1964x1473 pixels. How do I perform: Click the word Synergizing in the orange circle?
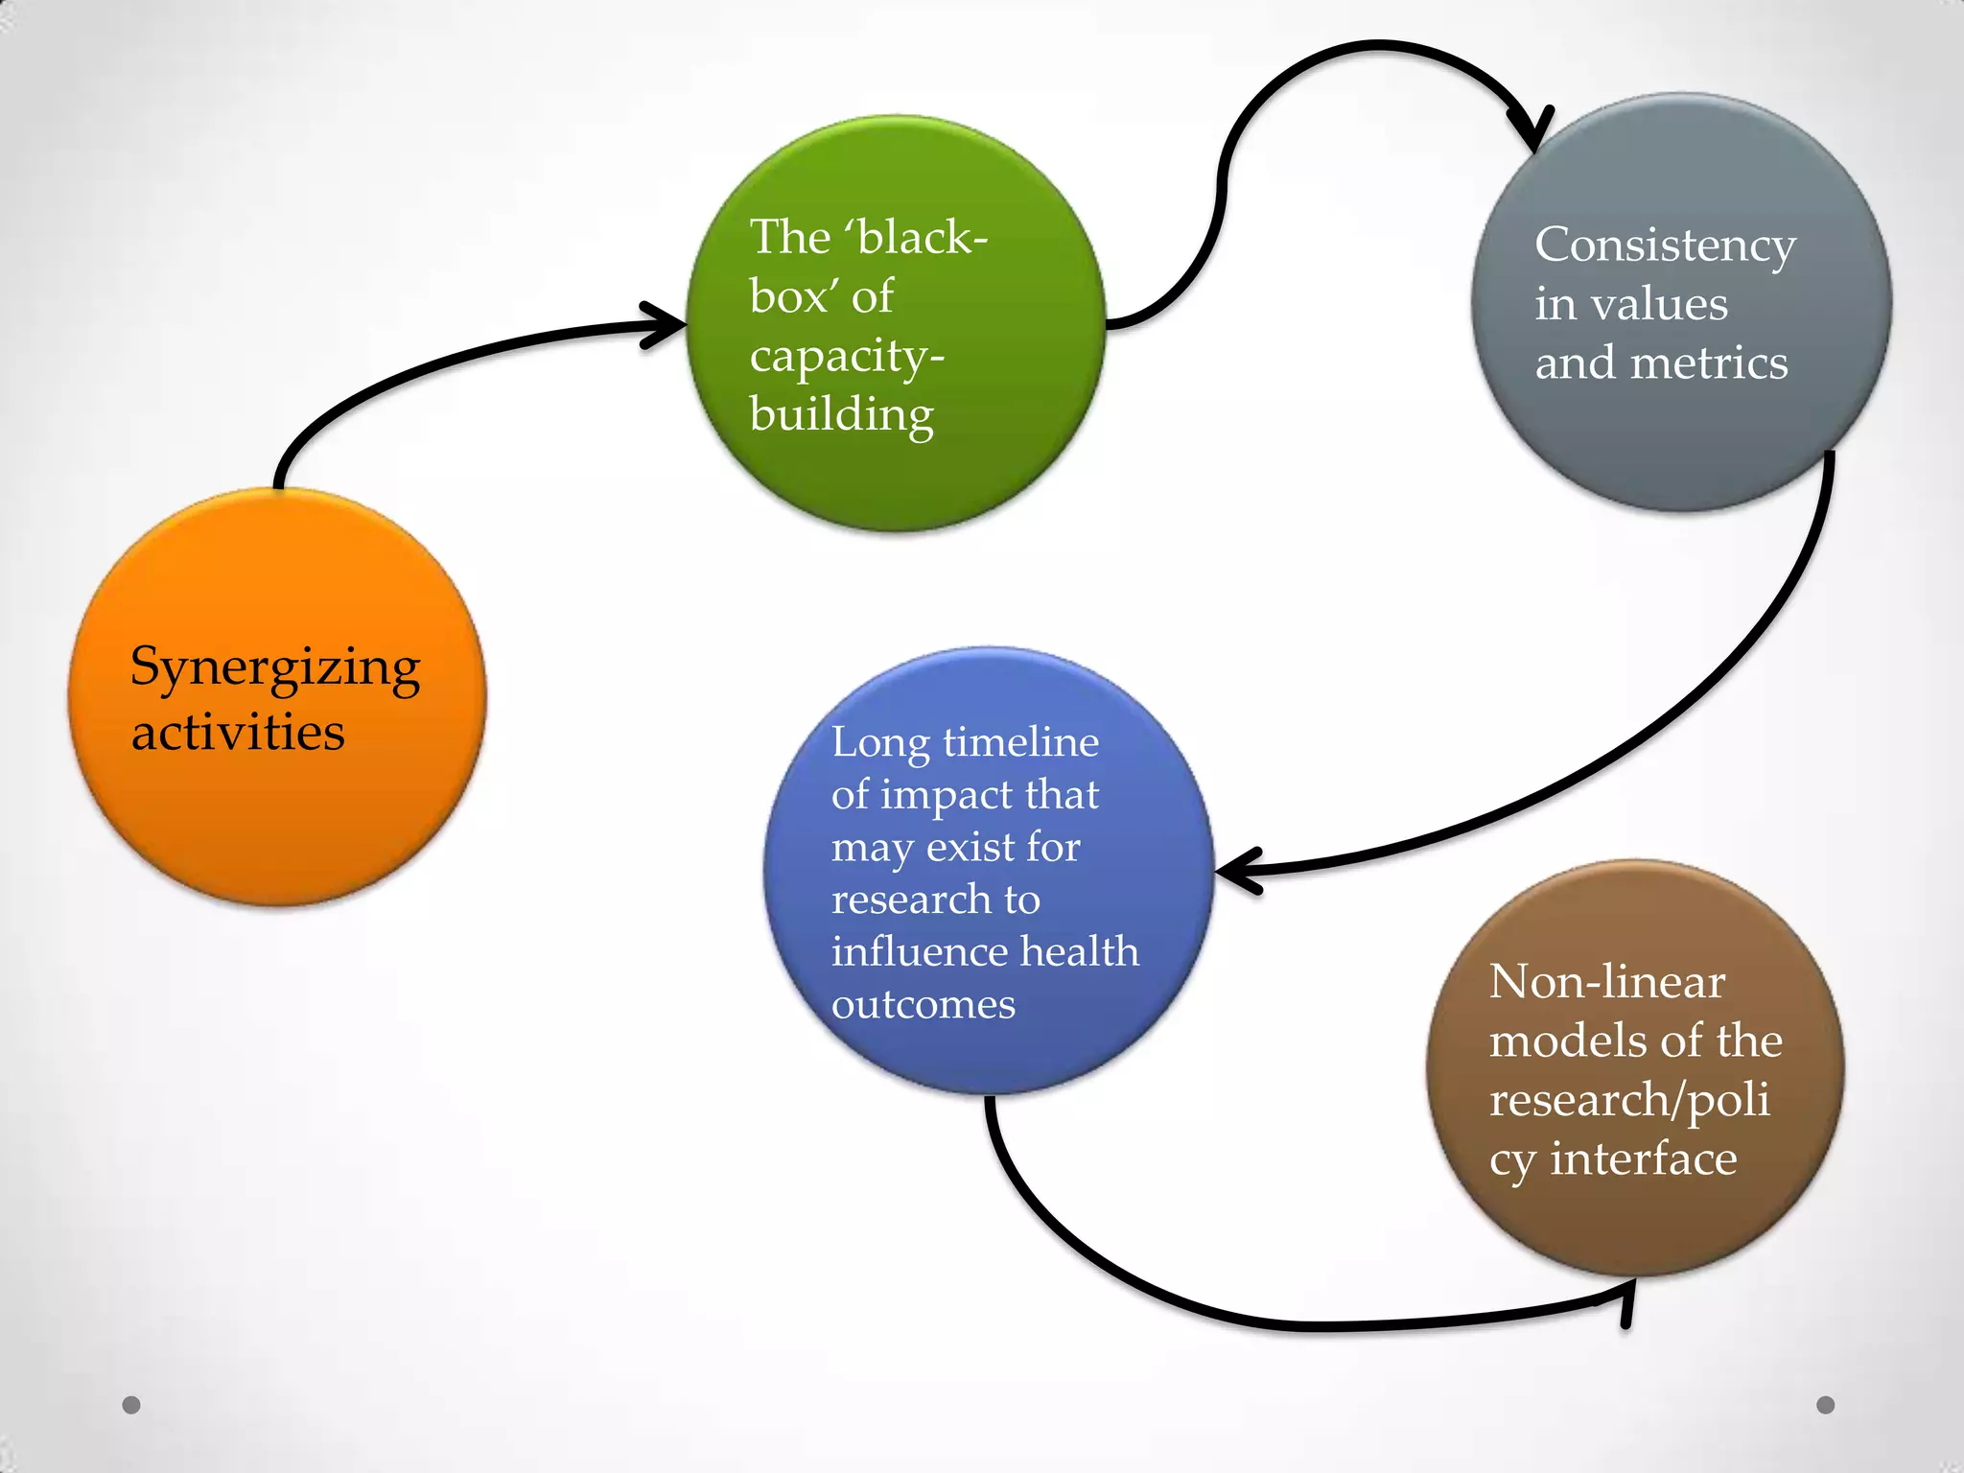pos(275,668)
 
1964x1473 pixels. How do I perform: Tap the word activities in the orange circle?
pos(238,733)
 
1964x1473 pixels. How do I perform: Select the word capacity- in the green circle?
pos(847,357)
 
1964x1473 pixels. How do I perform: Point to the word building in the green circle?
pos(841,415)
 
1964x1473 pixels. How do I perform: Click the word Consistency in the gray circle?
pos(1665,245)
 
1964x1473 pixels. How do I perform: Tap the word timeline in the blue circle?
pos(1020,742)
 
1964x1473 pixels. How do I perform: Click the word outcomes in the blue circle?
pos(923,1005)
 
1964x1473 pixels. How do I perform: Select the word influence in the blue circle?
pos(920,952)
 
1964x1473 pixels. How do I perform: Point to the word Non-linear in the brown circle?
pos(1607,982)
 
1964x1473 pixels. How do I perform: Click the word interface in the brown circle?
pos(1644,1158)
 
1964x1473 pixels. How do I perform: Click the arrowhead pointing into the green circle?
pos(666,325)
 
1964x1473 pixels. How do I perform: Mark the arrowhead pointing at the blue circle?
pos(1237,871)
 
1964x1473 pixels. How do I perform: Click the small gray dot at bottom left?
pos(131,1405)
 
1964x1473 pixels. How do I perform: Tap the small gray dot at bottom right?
pos(1826,1405)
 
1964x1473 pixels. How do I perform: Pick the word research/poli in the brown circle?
pos(1629,1100)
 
